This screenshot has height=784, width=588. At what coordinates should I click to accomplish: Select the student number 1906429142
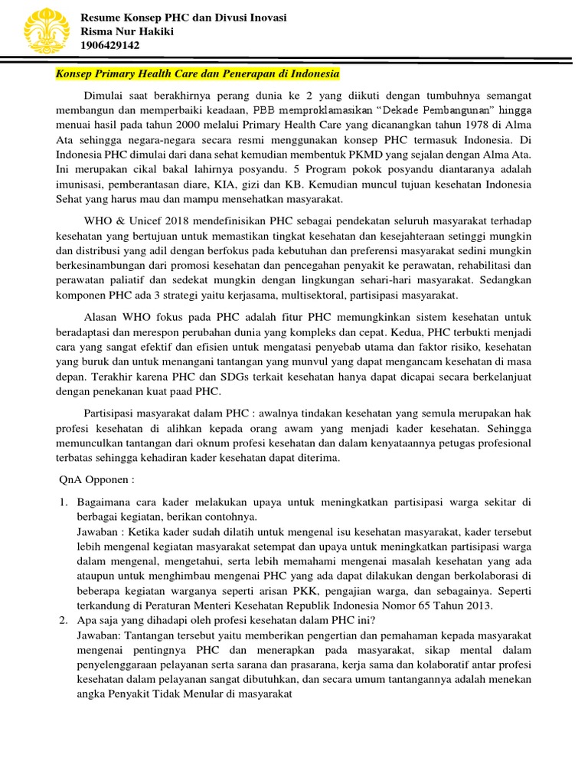click(x=110, y=45)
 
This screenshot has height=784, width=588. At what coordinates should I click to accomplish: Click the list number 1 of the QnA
click(x=65, y=502)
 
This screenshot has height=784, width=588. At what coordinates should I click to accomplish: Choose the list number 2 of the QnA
click(x=65, y=621)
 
